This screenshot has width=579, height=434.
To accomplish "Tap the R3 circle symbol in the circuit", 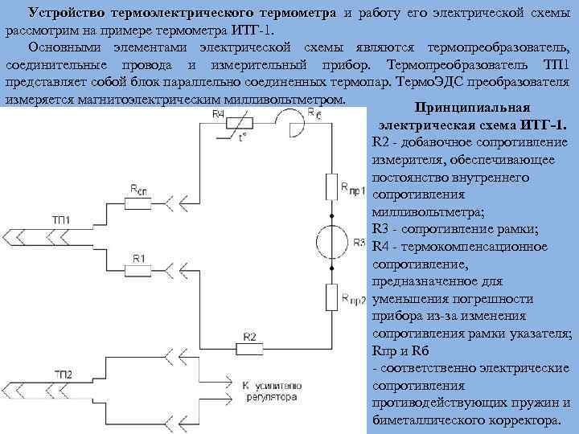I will pos(331,244).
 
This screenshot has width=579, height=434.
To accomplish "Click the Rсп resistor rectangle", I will pos(140,198).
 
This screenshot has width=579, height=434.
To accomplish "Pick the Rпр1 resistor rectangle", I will pos(331,188).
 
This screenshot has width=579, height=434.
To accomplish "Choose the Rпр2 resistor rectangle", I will pos(331,297).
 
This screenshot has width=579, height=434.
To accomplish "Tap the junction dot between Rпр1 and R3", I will pos(331,216).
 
